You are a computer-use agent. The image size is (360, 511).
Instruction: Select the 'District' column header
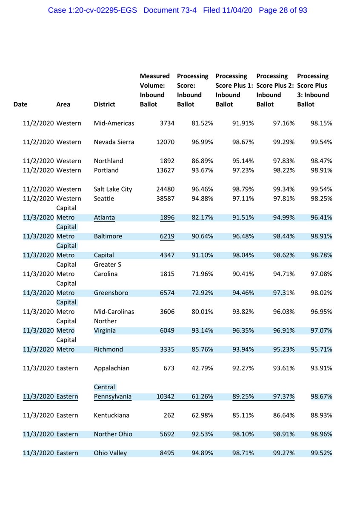105,104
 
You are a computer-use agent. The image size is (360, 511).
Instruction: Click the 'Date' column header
21,104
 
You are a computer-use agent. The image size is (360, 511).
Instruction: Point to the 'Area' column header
63,104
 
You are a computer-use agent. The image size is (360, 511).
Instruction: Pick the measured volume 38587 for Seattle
163,198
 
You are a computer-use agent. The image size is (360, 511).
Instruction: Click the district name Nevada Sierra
114,142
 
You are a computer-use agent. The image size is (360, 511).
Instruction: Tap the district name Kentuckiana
111,415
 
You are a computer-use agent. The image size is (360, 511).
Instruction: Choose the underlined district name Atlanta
104,218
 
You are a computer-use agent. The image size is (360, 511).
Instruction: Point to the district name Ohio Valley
110,453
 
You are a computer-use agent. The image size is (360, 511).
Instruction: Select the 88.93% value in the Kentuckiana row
321,415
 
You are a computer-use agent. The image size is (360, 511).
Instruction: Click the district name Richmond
108,349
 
